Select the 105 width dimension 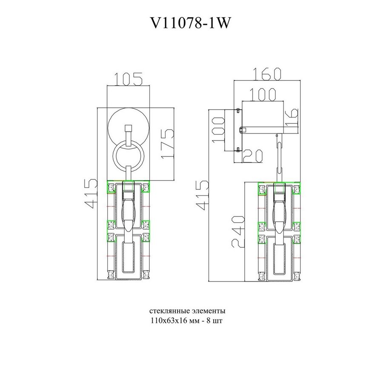point(129,78)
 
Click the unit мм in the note point(194,320)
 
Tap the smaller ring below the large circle point(128,156)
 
